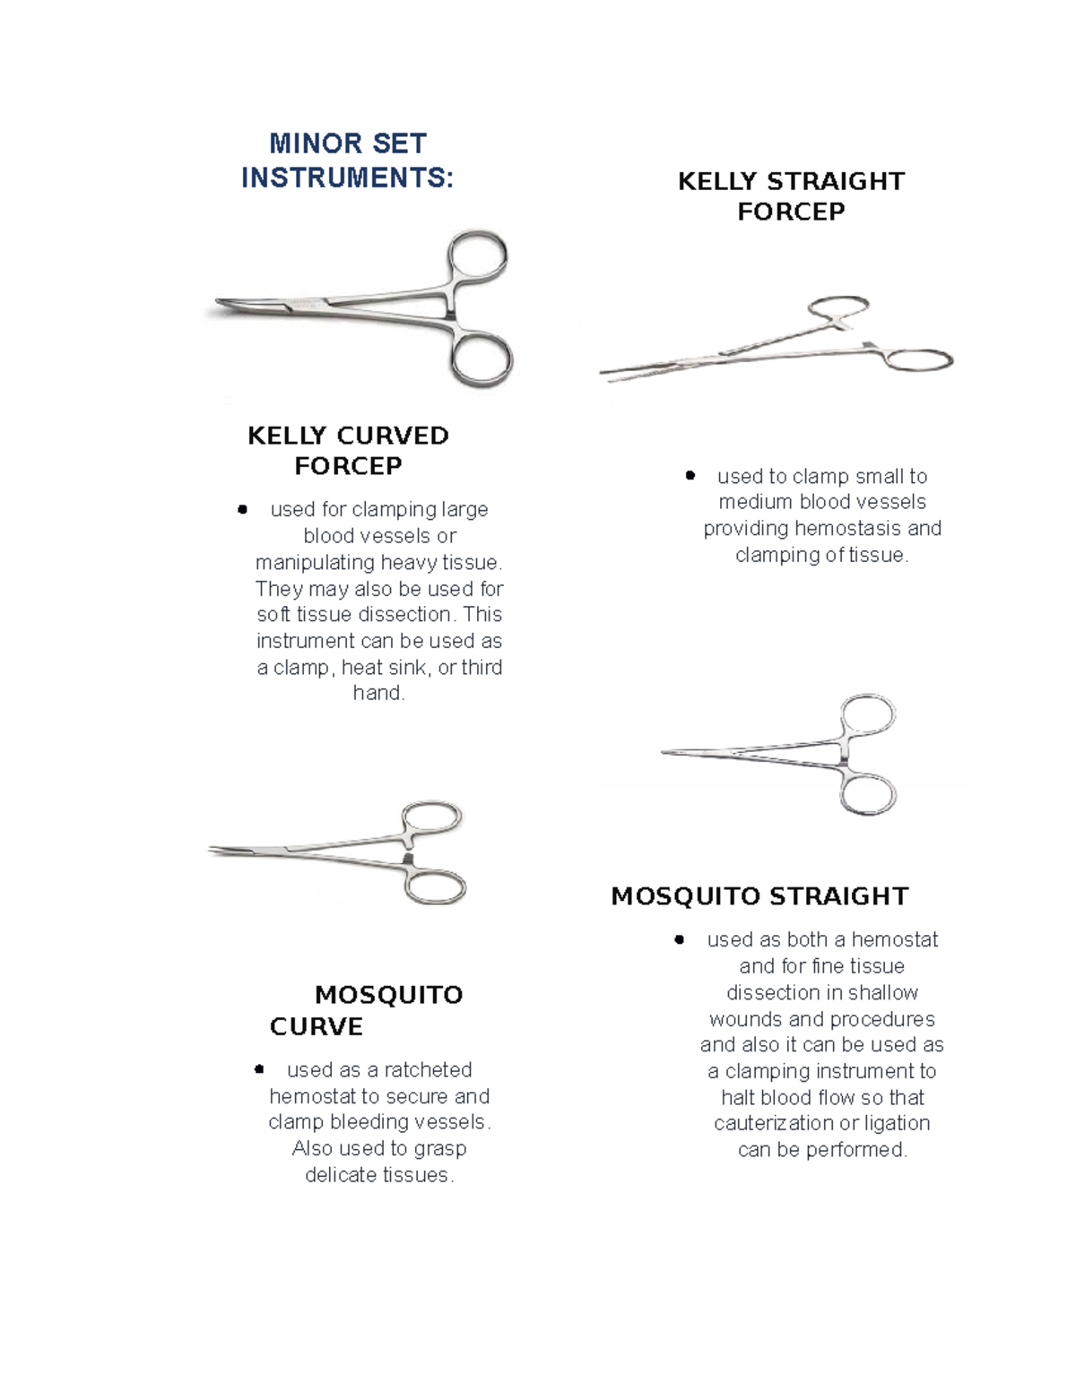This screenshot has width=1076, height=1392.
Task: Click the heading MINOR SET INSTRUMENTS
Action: (347, 160)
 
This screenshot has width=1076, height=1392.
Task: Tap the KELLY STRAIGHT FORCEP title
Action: (791, 195)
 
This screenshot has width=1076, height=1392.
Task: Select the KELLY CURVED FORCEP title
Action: (348, 450)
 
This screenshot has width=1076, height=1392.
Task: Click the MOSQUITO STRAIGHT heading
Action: (759, 895)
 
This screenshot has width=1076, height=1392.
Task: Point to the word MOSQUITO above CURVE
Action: (388, 994)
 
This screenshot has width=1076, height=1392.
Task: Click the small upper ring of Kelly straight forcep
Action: (838, 307)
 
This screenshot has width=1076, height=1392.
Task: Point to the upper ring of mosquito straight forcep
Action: (868, 716)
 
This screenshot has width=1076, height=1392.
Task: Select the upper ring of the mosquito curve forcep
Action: (431, 818)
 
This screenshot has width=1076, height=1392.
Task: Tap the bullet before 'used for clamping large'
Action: (242, 509)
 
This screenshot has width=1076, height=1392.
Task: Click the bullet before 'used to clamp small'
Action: (690, 475)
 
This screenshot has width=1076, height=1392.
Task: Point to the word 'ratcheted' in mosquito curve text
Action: (428, 1069)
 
